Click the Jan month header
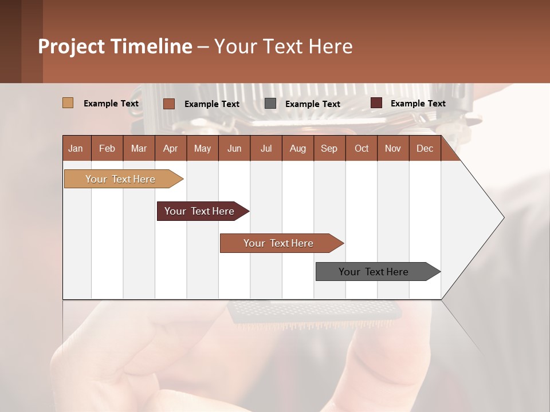[x=76, y=149]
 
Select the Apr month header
[x=170, y=149]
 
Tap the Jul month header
[x=266, y=149]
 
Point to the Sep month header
[x=329, y=149]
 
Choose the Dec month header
[x=425, y=149]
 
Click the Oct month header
[x=362, y=149]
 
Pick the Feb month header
[x=107, y=149]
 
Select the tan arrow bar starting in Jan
[x=121, y=179]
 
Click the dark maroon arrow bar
[x=200, y=211]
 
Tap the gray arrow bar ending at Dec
[x=374, y=272]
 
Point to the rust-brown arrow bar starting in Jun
[x=279, y=243]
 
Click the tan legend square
[x=68, y=103]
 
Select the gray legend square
[x=270, y=104]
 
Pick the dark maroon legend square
[x=376, y=103]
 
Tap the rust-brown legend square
[x=169, y=104]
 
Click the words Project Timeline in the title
[x=115, y=46]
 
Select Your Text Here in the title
[x=283, y=46]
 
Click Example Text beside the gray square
[x=312, y=104]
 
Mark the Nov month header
[x=393, y=149]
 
